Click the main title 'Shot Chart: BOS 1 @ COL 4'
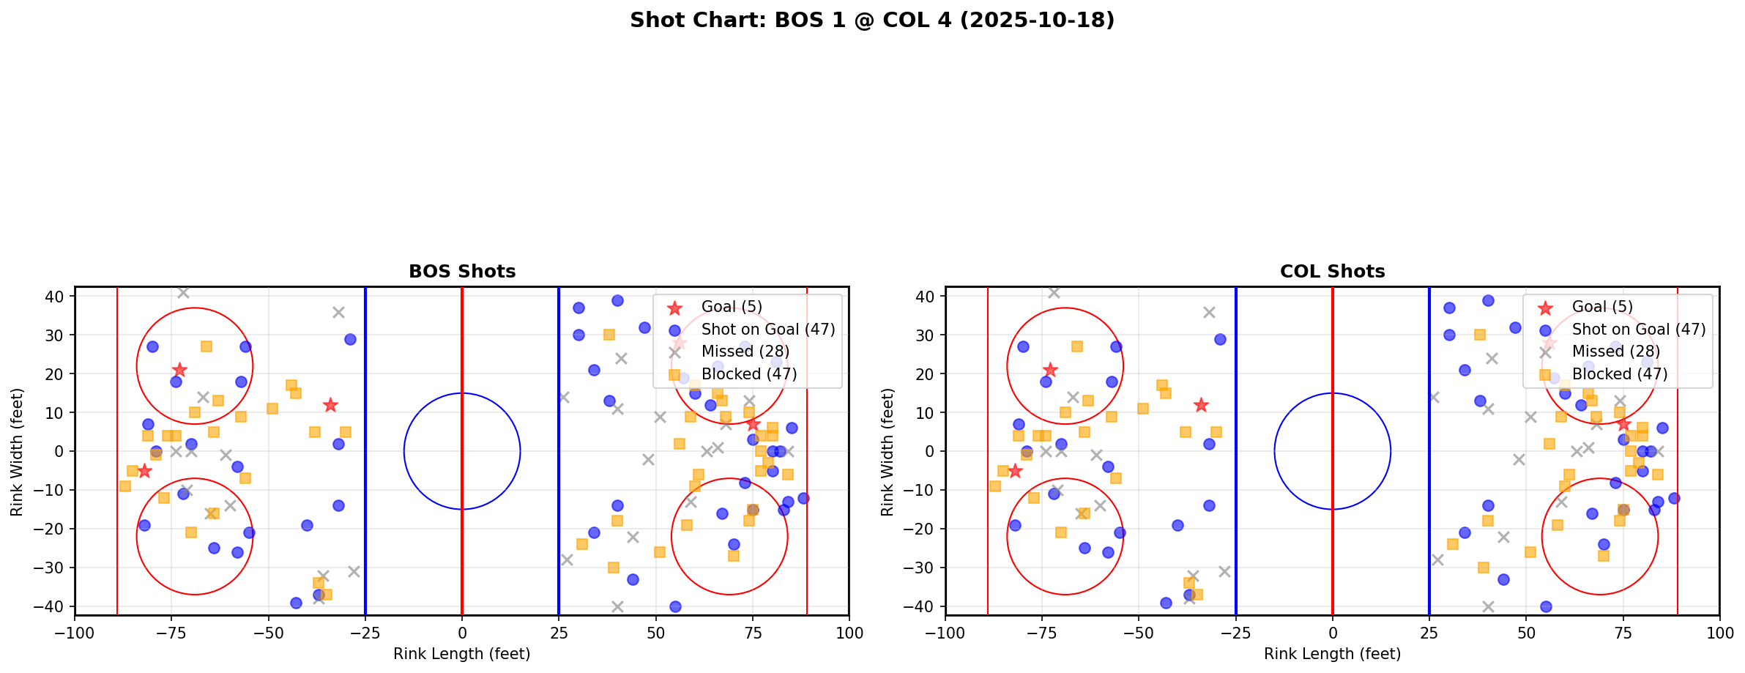click(x=871, y=20)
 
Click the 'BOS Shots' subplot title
click(x=461, y=272)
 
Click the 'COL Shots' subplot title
click(x=1332, y=272)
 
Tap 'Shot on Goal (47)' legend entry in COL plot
click(x=1638, y=330)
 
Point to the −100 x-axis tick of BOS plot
click(x=75, y=633)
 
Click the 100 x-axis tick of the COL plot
click(x=1719, y=633)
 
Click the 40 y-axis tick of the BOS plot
click(x=56, y=297)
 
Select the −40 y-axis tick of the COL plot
click(x=923, y=606)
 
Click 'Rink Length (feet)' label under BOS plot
click(x=461, y=654)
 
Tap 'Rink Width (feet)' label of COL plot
click(x=888, y=452)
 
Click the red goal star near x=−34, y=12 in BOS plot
click(x=330, y=405)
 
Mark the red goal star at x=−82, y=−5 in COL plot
click(x=1015, y=471)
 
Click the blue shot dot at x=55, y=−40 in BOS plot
click(x=675, y=606)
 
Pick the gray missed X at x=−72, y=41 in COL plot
click(x=1054, y=293)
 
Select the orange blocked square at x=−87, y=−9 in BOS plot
click(x=125, y=486)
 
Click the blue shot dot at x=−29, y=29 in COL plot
click(x=1220, y=339)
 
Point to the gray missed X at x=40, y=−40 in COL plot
click(x=1488, y=606)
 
